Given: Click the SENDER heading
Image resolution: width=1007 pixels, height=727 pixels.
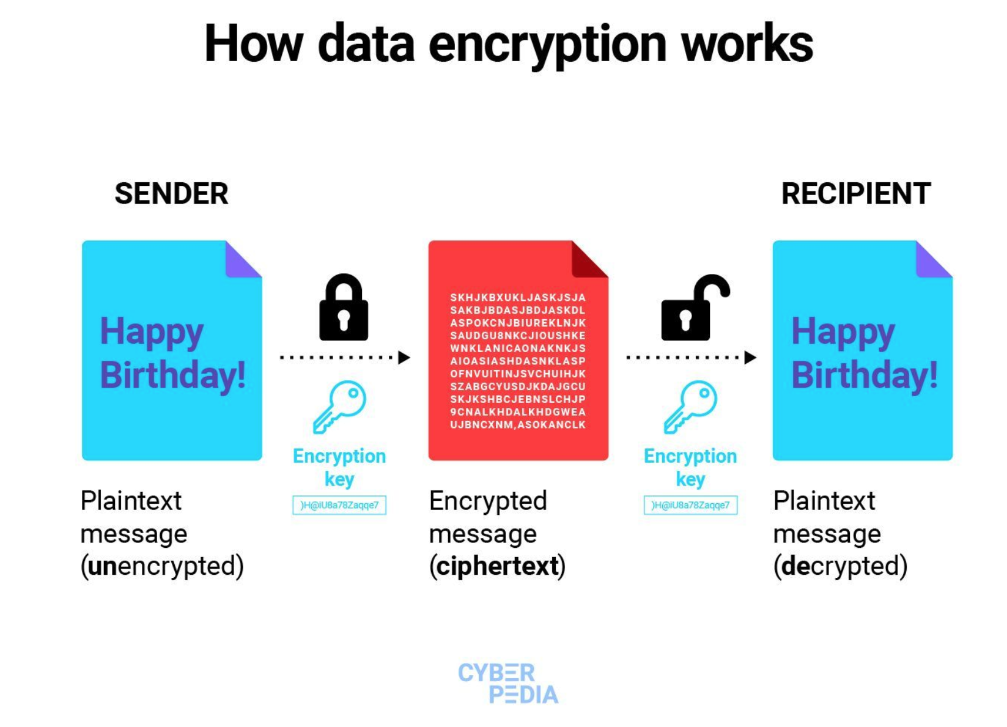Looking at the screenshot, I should [171, 194].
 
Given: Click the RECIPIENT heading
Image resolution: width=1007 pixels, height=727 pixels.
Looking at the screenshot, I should [855, 194].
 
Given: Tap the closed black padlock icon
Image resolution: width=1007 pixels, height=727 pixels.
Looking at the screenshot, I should [344, 309].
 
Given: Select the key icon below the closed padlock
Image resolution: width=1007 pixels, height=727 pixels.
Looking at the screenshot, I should [339, 407].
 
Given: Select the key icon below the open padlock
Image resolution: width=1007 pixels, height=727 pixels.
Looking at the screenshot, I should [690, 407].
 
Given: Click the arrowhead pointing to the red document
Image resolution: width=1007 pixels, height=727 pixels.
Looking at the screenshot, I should [404, 357].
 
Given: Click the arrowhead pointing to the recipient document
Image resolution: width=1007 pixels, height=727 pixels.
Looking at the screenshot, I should [750, 357].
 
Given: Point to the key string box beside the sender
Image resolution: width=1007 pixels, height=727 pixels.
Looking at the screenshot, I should [339, 505].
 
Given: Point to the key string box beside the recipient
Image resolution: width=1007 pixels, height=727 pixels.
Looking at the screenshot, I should [690, 505].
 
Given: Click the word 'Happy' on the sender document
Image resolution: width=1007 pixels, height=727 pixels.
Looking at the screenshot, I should [152, 333].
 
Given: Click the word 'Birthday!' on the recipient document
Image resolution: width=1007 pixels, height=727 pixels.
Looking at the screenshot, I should [864, 375].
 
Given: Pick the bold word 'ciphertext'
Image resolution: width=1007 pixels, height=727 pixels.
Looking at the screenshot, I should [497, 566].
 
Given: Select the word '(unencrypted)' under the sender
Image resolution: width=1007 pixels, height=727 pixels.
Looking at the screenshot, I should [162, 566].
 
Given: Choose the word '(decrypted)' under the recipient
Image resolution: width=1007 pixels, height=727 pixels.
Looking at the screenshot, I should [840, 566].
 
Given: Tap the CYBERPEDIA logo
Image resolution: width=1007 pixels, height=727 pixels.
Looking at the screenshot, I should [508, 684].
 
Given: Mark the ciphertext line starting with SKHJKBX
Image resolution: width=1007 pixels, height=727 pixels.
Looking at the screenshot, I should [518, 298].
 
